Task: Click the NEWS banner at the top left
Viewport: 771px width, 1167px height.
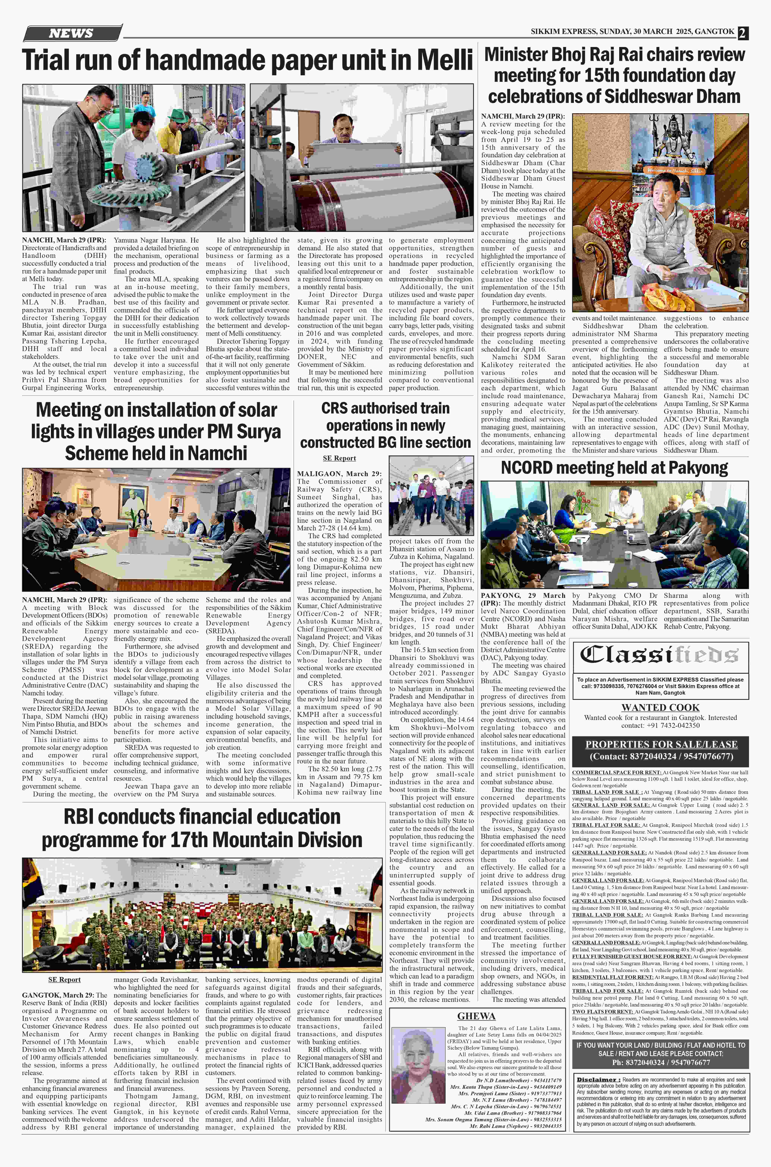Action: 71,33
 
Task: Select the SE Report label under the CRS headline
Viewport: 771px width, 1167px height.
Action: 339,458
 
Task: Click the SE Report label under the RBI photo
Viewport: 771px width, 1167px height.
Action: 64,979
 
